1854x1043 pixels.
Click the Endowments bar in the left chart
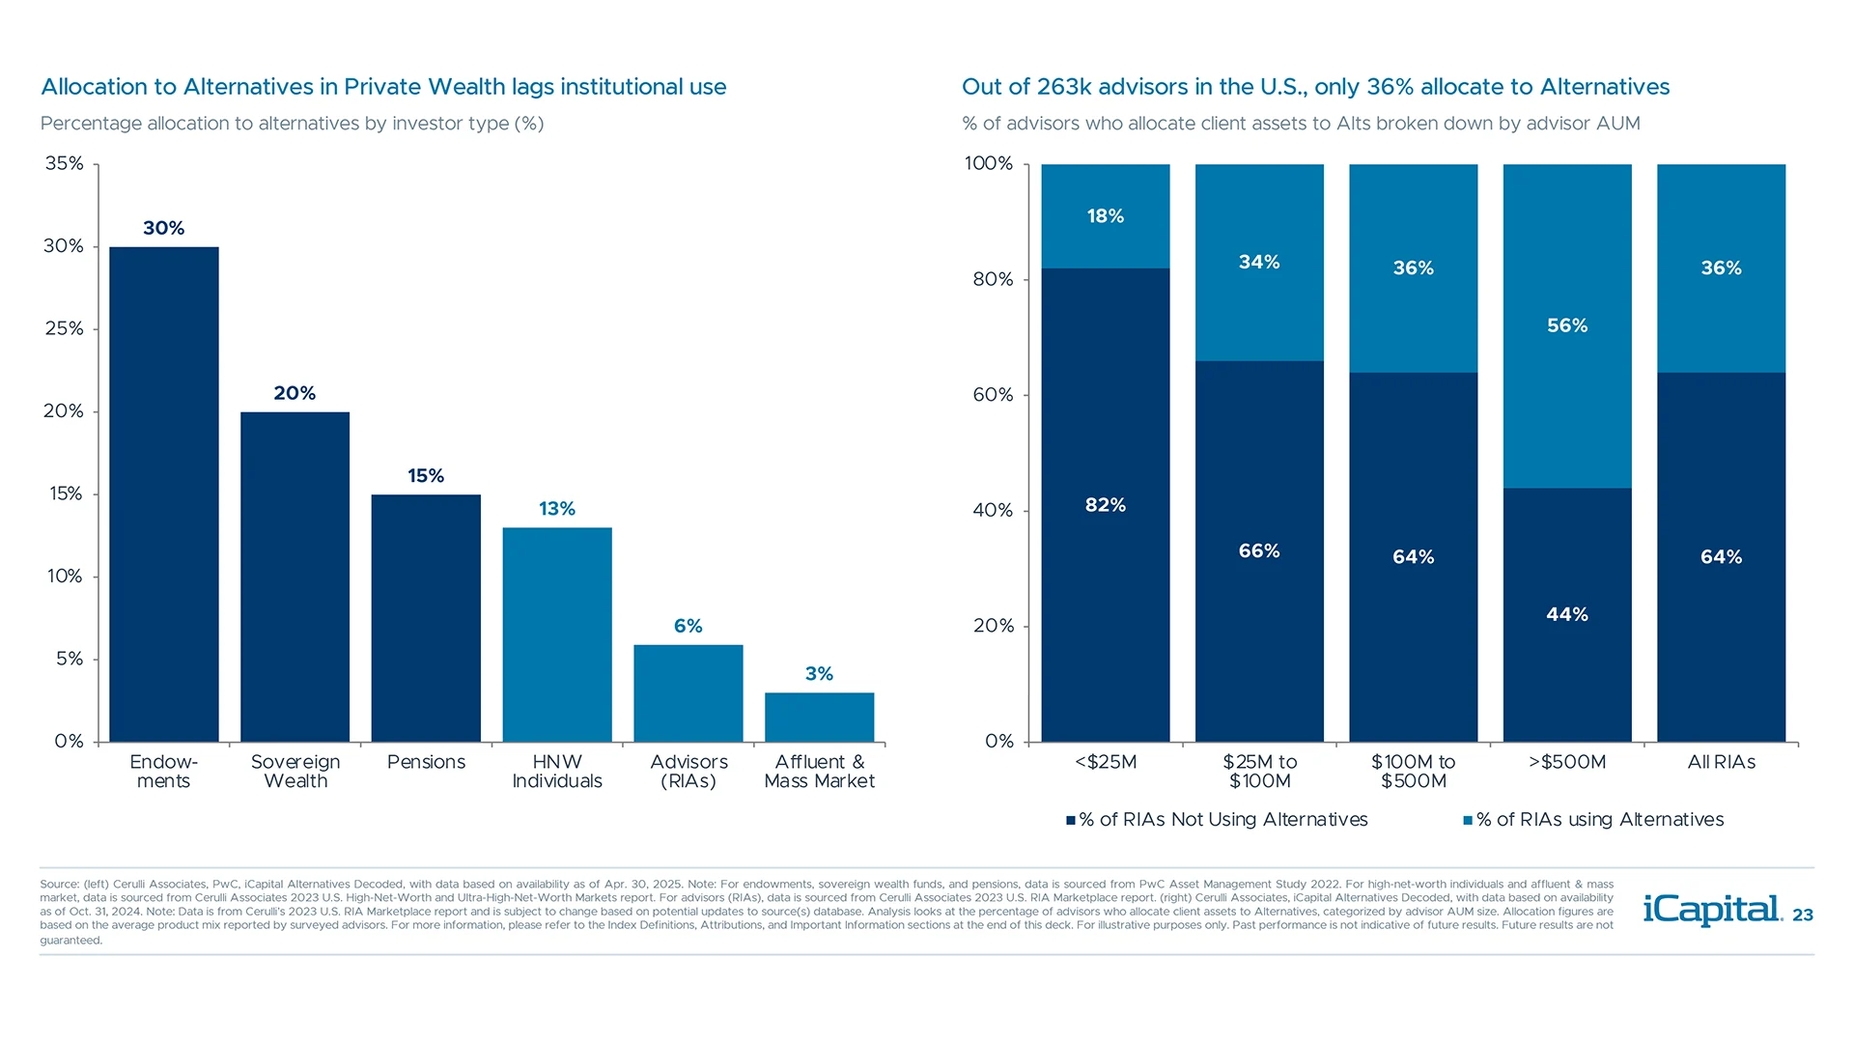tap(163, 494)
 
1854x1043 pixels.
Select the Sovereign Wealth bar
tap(295, 577)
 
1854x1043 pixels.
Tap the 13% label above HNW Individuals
tap(556, 509)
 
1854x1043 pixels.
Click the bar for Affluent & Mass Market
tap(819, 717)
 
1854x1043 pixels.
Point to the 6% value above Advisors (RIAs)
tap(688, 626)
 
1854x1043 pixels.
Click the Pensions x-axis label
tap(426, 762)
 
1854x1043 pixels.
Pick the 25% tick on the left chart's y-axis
tap(64, 328)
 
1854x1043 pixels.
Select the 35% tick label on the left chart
tap(64, 163)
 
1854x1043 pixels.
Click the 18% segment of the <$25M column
tap(1105, 216)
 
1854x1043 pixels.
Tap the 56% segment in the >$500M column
tap(1566, 325)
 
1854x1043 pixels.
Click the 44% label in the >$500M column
tap(1566, 614)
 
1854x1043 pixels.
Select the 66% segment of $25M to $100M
tap(1259, 551)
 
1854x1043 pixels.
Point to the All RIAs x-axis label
tap(1721, 762)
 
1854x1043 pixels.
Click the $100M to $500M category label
tap(1413, 771)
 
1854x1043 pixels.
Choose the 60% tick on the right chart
tap(993, 395)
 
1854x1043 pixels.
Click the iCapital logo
tap(1711, 910)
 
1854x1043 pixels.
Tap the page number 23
tap(1802, 916)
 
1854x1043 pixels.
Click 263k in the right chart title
tap(1064, 87)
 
